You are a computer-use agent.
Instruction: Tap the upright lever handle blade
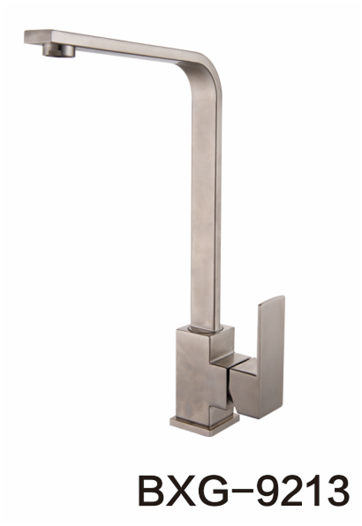(271, 356)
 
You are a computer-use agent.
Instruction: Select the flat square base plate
(205, 426)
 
